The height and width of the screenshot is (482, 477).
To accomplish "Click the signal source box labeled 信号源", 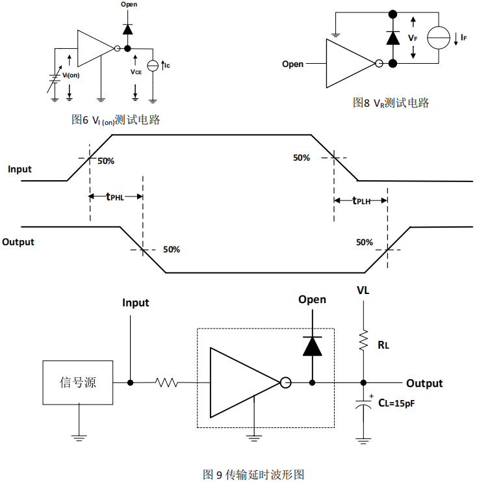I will pyautogui.click(x=78, y=382).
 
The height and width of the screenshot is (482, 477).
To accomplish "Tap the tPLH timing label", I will pyautogui.click(x=361, y=201).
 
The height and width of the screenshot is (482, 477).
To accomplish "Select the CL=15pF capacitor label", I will pyautogui.click(x=396, y=404).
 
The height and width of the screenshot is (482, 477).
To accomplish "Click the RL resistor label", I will pyautogui.click(x=383, y=345).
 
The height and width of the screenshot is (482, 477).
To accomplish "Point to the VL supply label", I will pyautogui.click(x=363, y=291).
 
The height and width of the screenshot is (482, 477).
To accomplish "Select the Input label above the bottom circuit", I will pyautogui.click(x=135, y=302).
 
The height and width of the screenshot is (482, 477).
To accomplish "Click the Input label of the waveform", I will pyautogui.click(x=19, y=169).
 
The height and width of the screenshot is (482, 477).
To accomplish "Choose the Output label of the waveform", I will pyautogui.click(x=18, y=242).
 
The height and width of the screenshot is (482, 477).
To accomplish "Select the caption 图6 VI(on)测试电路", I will pyautogui.click(x=116, y=120).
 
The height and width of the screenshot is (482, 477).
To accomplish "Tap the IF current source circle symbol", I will pyautogui.click(x=439, y=38).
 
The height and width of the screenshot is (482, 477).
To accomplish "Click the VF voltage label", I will pyautogui.click(x=413, y=38).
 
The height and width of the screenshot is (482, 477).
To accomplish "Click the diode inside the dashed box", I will pyautogui.click(x=313, y=347).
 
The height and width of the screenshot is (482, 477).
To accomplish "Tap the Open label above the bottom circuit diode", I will pyautogui.click(x=312, y=300).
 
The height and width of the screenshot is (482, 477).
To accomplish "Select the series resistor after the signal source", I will pyautogui.click(x=166, y=383).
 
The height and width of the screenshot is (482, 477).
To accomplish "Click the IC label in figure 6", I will pyautogui.click(x=167, y=65).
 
